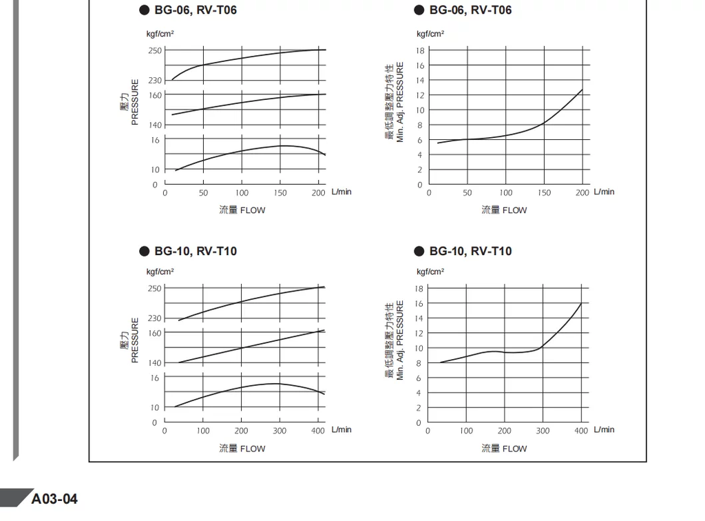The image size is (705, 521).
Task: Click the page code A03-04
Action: (55, 498)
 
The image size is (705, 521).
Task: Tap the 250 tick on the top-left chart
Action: (155, 50)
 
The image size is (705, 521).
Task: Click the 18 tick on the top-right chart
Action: (419, 50)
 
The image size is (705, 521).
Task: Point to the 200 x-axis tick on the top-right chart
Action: (582, 193)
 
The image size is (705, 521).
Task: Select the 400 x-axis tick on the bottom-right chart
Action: (582, 431)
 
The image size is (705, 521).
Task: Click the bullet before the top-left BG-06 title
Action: (144, 10)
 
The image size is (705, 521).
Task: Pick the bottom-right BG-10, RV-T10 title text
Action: (470, 251)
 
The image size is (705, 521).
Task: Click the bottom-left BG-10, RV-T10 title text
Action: (196, 251)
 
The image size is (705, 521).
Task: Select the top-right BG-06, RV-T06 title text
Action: (470, 10)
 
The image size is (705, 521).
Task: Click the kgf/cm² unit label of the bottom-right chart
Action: (430, 272)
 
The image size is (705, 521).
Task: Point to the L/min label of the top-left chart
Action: (341, 192)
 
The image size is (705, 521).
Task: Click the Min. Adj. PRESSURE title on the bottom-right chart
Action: (400, 340)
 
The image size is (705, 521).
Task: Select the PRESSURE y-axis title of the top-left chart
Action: (135, 102)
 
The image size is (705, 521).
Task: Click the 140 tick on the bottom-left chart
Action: (154, 362)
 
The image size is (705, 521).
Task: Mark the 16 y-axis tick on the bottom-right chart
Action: (419, 303)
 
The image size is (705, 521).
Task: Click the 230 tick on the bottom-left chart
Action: (154, 318)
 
